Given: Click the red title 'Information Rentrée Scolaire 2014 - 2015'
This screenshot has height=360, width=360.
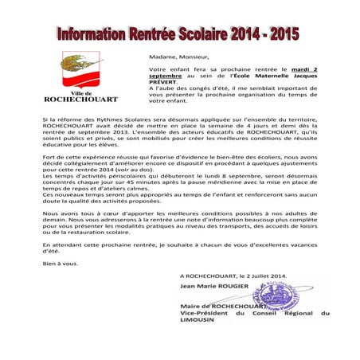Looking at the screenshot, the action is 180,36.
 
